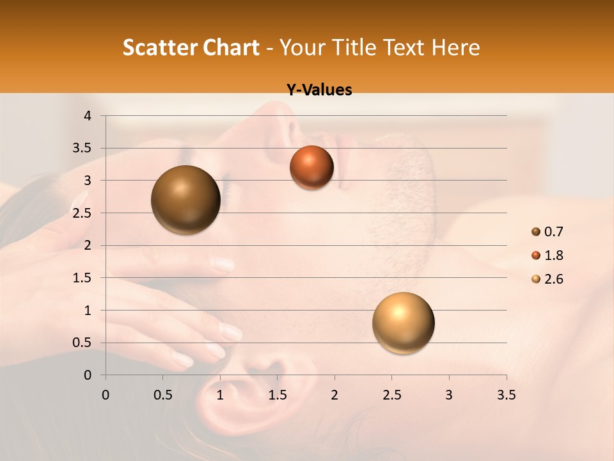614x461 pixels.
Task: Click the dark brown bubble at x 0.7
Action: click(x=185, y=200)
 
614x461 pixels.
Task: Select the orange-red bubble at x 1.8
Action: click(x=311, y=167)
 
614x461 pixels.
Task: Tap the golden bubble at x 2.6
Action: click(x=403, y=323)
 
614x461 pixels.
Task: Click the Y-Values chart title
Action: click(x=319, y=90)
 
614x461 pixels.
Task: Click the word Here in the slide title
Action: click(x=455, y=47)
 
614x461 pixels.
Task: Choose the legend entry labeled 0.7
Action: click(x=547, y=232)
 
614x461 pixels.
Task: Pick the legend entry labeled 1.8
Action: click(x=547, y=255)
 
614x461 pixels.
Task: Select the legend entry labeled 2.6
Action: click(x=547, y=279)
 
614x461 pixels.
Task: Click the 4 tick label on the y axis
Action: click(x=88, y=116)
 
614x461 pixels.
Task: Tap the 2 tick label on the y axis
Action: click(x=88, y=245)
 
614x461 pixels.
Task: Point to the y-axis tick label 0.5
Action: click(x=82, y=343)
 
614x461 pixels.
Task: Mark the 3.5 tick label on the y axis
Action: click(x=82, y=148)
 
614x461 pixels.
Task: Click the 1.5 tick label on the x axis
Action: click(x=277, y=394)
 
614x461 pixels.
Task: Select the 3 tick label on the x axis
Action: click(x=449, y=394)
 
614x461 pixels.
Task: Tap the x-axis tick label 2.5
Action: click(x=391, y=394)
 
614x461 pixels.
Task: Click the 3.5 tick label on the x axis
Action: click(x=506, y=394)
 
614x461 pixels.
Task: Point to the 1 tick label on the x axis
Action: click(x=220, y=394)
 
